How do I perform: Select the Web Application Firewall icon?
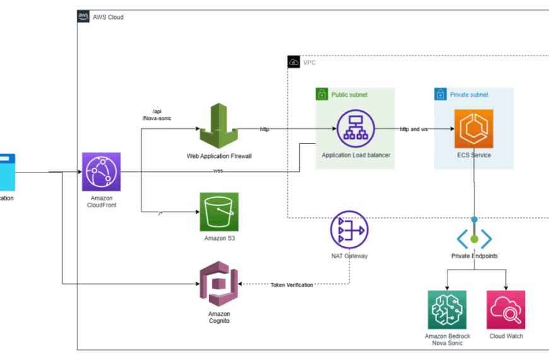pyautogui.click(x=218, y=128)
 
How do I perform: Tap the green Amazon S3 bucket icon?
pyautogui.click(x=219, y=212)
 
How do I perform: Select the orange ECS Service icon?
pyautogui.click(x=473, y=128)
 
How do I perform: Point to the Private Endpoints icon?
pyautogui.click(x=474, y=237)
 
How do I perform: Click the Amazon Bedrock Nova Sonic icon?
pyautogui.click(x=447, y=309)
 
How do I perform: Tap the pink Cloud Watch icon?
pyautogui.click(x=506, y=309)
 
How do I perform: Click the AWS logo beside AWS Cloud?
pyautogui.click(x=83, y=17)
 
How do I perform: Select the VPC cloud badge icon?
pyautogui.click(x=293, y=62)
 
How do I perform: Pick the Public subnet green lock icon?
pyautogui.click(x=322, y=94)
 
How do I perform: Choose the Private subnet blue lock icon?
pyautogui.click(x=440, y=94)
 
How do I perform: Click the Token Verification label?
pyautogui.click(x=292, y=285)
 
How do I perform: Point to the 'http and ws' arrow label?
pyautogui.click(x=414, y=129)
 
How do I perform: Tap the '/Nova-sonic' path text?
pyautogui.click(x=157, y=118)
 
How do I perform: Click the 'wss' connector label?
pyautogui.click(x=218, y=171)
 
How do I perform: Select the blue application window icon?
pyautogui.click(x=7, y=171)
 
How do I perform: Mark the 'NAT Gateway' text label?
pyautogui.click(x=349, y=256)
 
